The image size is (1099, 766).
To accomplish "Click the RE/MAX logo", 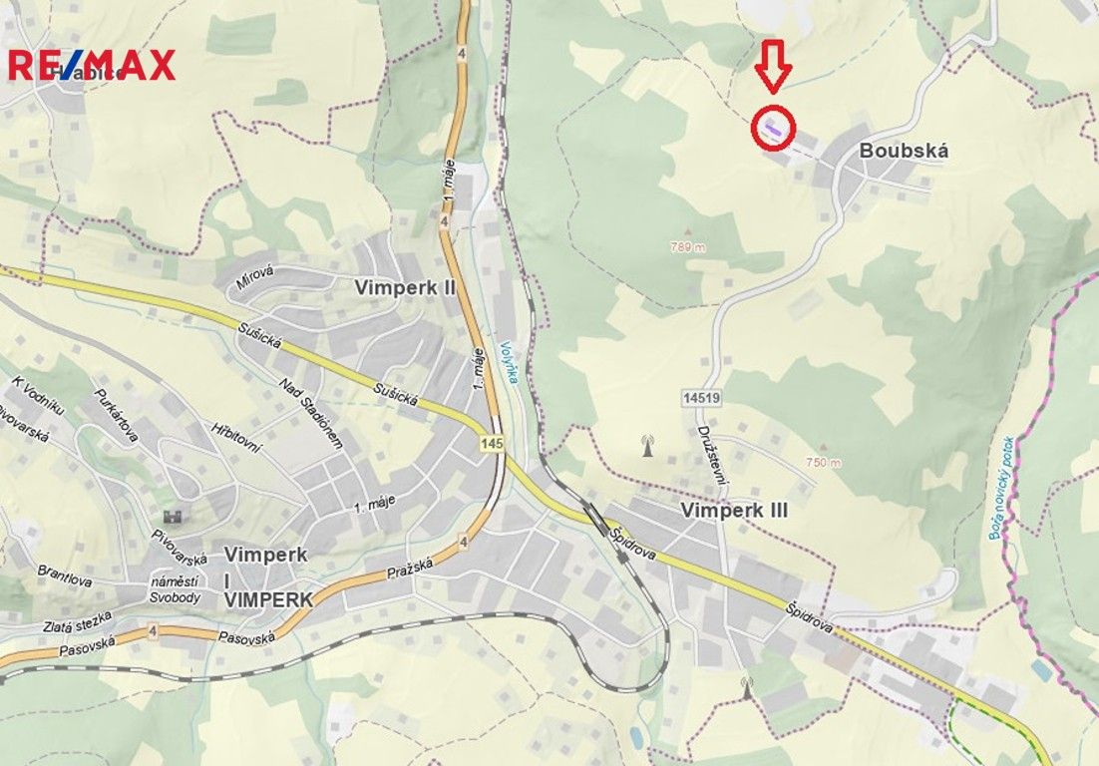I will (x=92, y=65).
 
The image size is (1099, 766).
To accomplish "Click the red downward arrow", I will (x=772, y=65).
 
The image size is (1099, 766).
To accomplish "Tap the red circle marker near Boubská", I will (x=774, y=129).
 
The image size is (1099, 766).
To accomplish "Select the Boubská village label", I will (x=904, y=152).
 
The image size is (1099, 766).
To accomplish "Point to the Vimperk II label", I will (x=405, y=287).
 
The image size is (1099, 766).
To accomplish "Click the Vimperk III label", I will (x=734, y=510).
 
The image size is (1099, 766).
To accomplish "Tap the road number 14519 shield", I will (x=702, y=397).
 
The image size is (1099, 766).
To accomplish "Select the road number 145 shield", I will (x=490, y=442).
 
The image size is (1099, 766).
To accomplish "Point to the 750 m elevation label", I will (x=824, y=462).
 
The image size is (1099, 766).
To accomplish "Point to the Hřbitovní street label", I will (x=235, y=438).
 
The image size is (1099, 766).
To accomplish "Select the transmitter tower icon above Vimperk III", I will (x=647, y=446).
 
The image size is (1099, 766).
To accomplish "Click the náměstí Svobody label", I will (x=175, y=589).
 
